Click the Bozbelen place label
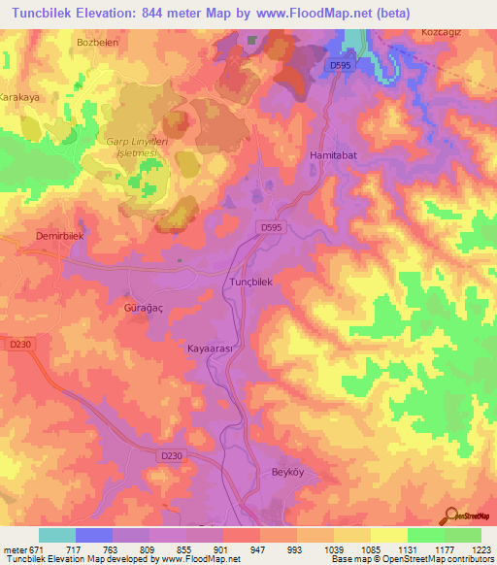tap(96, 43)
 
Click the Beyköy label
tap(284, 473)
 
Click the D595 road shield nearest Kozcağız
tap(339, 65)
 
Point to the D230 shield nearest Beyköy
tap(172, 455)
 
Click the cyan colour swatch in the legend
tap(57, 535)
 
